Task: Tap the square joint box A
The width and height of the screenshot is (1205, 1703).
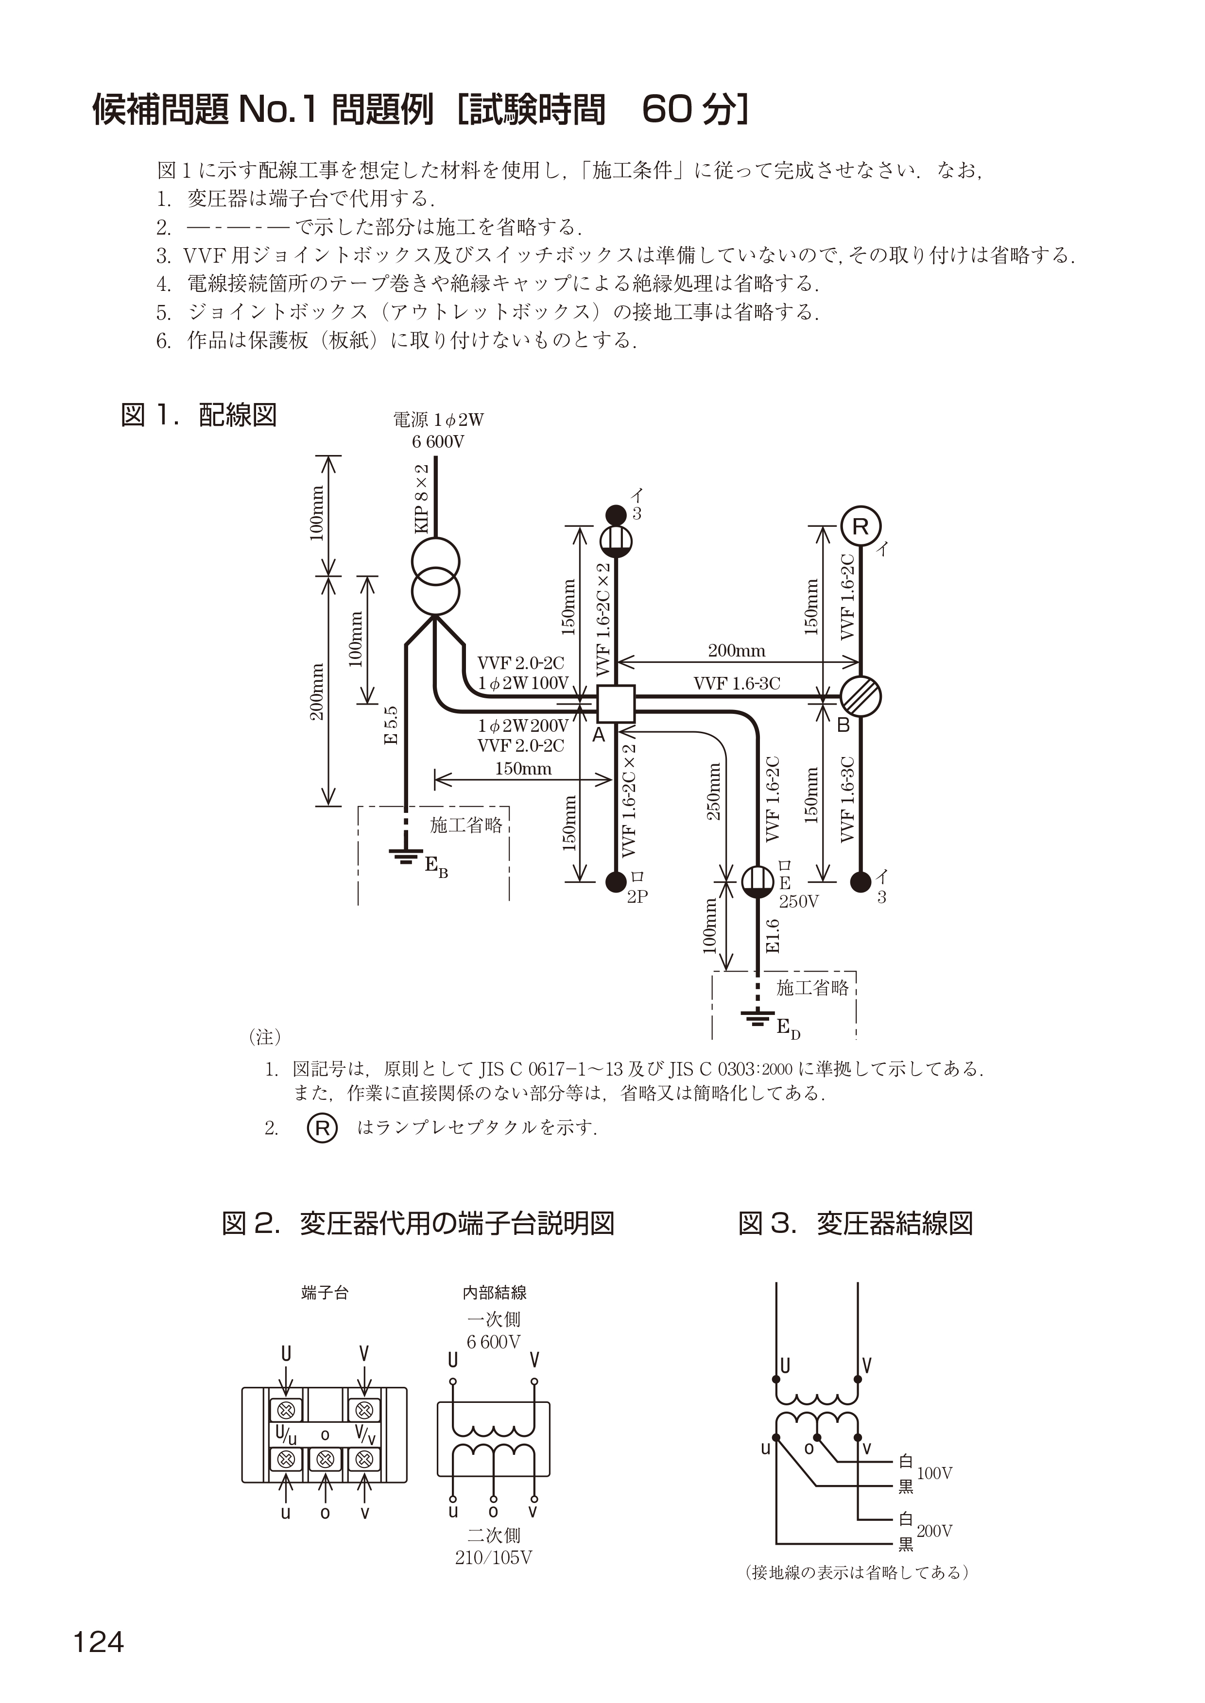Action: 616,703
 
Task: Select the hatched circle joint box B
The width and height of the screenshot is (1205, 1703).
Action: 860,696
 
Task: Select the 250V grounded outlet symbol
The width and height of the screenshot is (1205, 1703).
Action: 757,881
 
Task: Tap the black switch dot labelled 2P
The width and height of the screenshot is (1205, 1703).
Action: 615,881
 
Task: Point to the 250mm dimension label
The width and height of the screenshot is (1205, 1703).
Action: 714,792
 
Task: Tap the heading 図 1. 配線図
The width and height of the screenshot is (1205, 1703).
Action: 198,415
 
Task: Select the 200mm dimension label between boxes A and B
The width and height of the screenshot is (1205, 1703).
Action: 736,651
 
